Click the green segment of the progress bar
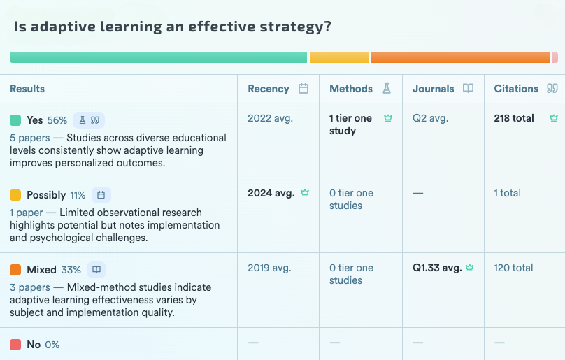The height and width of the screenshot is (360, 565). coord(158,57)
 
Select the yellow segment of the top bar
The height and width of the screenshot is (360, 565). coord(338,57)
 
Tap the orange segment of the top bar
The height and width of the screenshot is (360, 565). coord(460,57)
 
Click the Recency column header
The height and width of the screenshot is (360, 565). coord(269,89)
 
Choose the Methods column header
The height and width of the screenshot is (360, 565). coord(351,89)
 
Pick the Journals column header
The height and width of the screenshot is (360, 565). coord(434,89)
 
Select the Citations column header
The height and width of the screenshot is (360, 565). coord(516,89)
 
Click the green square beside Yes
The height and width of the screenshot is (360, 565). coord(15,120)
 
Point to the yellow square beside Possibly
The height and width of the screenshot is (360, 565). coord(15,195)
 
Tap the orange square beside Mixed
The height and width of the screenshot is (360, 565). coord(15,270)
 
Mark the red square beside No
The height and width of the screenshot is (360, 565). coord(15,345)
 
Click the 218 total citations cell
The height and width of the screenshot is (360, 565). coord(514,118)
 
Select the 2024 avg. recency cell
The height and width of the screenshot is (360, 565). coord(271,193)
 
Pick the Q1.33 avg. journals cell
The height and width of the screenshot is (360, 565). coord(437,268)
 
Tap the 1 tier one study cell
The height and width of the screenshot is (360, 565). coord(350,124)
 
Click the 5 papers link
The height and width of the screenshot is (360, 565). coord(30,138)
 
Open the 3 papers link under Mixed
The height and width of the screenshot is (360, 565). coord(30,287)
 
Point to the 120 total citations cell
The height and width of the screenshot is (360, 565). coord(513,268)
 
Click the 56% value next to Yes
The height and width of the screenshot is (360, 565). coord(57,120)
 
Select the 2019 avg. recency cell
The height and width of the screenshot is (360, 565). coord(269,268)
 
